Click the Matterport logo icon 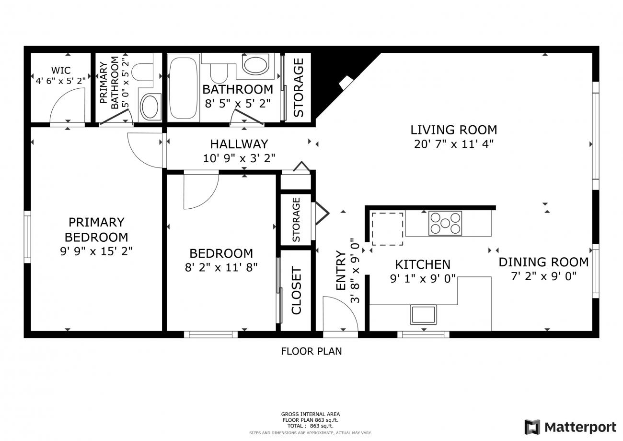(x=532, y=427)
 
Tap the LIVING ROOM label (x=454, y=130)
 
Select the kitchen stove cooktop (x=445, y=223)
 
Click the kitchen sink (x=423, y=315)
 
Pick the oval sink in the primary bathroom (x=150, y=107)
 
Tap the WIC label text (x=61, y=70)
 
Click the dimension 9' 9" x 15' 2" (x=96, y=251)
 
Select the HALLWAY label (x=239, y=144)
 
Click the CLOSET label (x=297, y=291)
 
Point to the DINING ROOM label (x=543, y=262)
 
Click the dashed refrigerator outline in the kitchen (x=387, y=229)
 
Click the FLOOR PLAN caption (x=311, y=351)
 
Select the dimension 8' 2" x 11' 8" (x=221, y=268)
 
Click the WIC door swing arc (x=61, y=98)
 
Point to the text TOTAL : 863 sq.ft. (x=311, y=426)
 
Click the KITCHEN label (x=423, y=264)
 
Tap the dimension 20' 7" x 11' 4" (x=454, y=144)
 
